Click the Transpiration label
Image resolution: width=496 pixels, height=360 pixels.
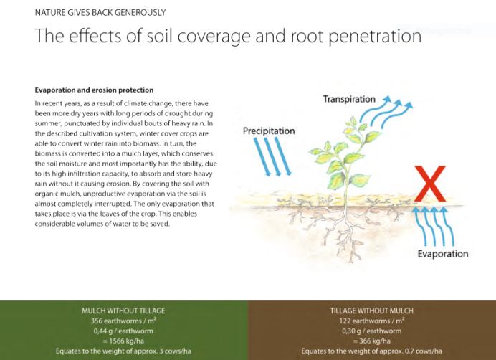[x=349, y=99]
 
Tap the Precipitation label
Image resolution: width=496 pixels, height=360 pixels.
[x=269, y=131]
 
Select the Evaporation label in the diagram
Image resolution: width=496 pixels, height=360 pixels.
[x=443, y=254]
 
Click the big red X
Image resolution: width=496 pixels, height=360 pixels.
[x=430, y=184]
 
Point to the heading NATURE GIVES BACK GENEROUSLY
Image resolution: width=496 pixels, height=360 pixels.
[x=100, y=13]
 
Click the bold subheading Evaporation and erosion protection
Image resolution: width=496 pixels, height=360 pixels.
[x=94, y=90]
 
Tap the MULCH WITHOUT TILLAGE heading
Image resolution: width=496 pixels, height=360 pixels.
[x=123, y=311]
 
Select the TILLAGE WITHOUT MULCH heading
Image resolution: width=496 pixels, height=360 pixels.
[x=372, y=311]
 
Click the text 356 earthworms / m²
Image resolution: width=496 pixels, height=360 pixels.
[x=123, y=321]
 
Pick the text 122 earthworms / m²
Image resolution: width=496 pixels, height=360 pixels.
[x=372, y=321]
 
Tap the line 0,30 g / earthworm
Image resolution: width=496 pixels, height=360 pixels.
[x=372, y=331]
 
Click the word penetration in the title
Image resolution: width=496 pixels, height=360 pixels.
[x=375, y=36]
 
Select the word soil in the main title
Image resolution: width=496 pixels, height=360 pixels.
[x=159, y=35]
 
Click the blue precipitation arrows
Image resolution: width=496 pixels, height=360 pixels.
[x=272, y=157]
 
